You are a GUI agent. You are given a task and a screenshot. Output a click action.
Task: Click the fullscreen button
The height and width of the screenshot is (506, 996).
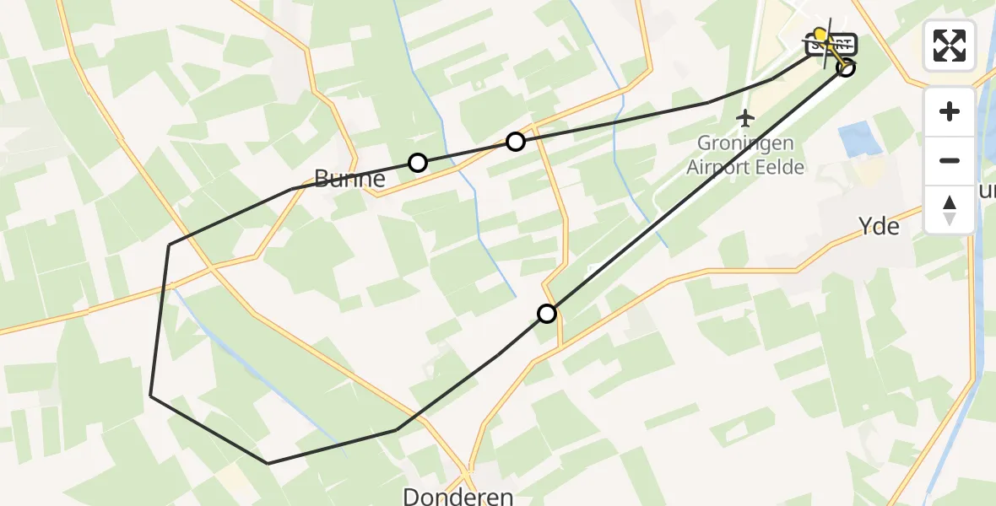(x=950, y=45)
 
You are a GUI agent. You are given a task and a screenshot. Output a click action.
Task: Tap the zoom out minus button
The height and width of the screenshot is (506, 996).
(x=950, y=160)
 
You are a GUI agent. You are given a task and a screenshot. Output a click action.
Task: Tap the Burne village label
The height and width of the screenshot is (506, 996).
(x=349, y=179)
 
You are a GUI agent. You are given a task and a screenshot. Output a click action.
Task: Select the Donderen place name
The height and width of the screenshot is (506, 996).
(x=458, y=496)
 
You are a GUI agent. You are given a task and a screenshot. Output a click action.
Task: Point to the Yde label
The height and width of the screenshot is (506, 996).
(x=878, y=227)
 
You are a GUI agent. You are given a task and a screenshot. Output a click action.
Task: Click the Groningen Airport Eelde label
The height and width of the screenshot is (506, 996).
(x=745, y=155)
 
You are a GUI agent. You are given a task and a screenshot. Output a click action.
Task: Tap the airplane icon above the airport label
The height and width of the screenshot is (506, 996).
(x=744, y=116)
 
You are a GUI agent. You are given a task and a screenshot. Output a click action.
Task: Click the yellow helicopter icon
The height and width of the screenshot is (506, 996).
(x=821, y=36)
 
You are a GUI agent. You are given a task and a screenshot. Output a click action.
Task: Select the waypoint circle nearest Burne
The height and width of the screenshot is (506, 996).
(x=417, y=163)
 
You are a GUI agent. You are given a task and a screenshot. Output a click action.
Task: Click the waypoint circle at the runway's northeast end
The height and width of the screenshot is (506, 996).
(x=846, y=67)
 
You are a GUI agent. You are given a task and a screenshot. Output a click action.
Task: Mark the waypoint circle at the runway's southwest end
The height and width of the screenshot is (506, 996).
(x=547, y=314)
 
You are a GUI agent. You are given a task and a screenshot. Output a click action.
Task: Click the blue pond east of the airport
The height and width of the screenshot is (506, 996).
(x=858, y=138)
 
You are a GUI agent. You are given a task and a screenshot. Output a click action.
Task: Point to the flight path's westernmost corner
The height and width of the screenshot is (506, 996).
(x=151, y=395)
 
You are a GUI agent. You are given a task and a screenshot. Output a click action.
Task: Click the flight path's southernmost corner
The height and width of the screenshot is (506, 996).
(x=268, y=463)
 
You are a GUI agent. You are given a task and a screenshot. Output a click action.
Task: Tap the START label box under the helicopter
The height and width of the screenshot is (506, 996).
(x=832, y=45)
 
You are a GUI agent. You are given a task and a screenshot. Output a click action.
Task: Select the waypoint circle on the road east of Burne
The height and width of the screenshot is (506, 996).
(x=515, y=142)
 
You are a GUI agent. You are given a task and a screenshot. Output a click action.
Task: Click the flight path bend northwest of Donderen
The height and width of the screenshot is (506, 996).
(x=396, y=430)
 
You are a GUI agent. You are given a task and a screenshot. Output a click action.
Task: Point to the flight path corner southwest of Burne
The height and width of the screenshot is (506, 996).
(x=170, y=245)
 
